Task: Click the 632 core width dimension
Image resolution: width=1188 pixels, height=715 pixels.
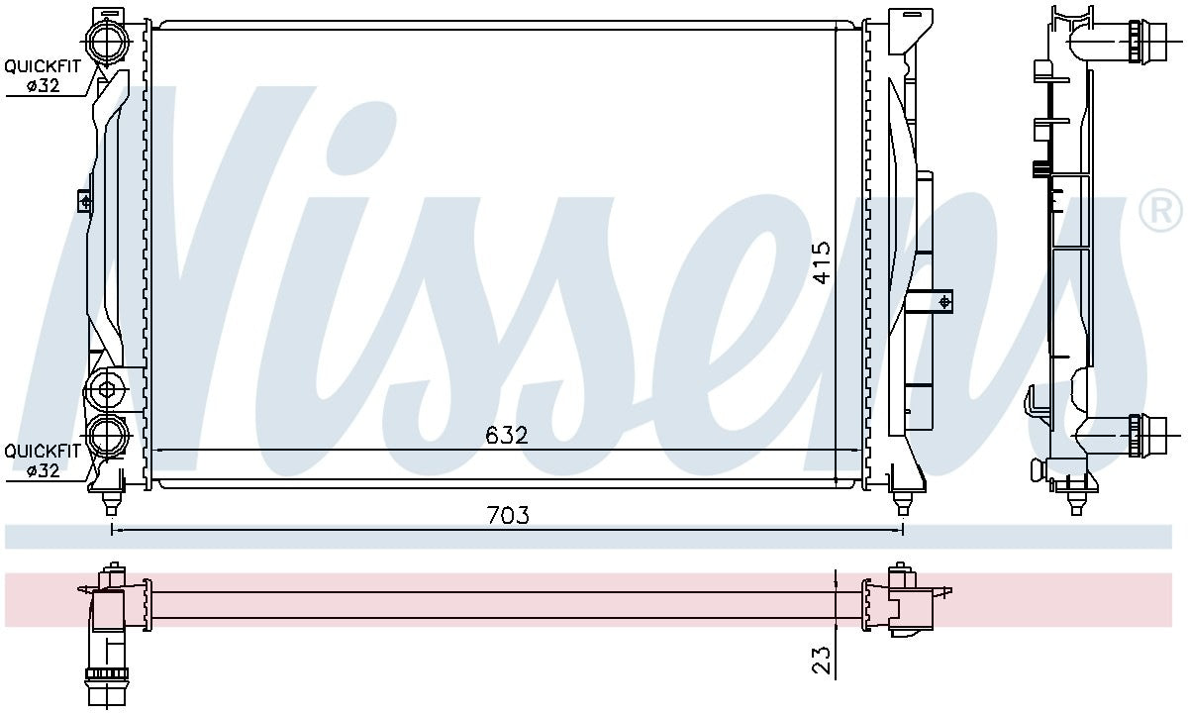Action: [507, 435]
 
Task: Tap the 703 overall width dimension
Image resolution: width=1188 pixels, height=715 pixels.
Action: [508, 515]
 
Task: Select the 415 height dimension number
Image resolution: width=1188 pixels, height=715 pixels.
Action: [822, 263]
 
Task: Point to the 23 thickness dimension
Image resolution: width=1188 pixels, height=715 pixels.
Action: [822, 660]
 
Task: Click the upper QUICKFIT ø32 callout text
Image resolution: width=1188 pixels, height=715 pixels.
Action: [43, 75]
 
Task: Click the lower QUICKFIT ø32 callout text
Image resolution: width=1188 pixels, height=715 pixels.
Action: [43, 460]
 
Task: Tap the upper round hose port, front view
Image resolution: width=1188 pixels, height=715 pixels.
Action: [107, 41]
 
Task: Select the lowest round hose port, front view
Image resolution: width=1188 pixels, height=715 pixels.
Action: [107, 436]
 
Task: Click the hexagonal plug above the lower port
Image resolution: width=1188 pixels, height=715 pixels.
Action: [106, 390]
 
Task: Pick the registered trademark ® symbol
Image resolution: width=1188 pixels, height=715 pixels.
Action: [1159, 211]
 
